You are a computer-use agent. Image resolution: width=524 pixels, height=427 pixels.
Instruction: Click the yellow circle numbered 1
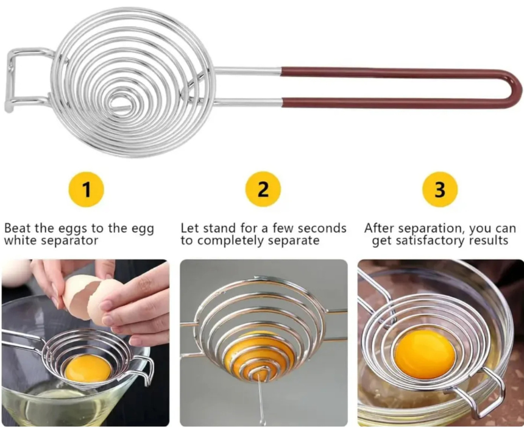tap(87, 189)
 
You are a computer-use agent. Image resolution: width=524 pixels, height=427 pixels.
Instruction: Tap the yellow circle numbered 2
tap(263, 189)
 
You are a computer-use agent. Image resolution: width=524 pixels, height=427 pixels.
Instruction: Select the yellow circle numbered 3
tap(440, 189)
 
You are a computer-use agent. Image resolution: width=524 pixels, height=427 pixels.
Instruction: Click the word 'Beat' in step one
tap(18, 228)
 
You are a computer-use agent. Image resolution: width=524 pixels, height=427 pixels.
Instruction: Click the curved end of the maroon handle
tap(516, 88)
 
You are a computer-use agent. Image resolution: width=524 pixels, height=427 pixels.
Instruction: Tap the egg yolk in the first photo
tap(88, 369)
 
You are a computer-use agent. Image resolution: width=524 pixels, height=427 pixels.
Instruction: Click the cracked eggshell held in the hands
tap(88, 298)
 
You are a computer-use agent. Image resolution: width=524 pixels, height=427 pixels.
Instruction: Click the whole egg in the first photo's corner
tap(15, 273)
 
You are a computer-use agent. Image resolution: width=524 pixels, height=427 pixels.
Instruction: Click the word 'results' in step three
tap(488, 240)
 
